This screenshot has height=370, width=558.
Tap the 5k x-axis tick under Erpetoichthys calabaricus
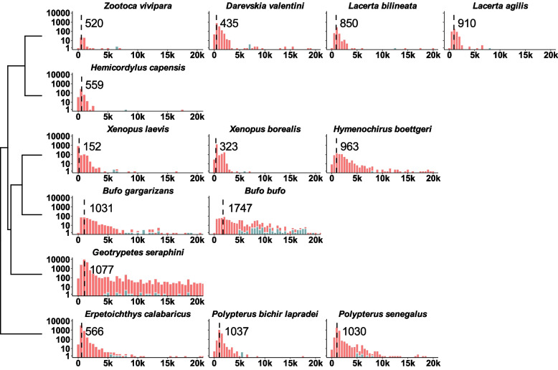(x=108, y=364)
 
